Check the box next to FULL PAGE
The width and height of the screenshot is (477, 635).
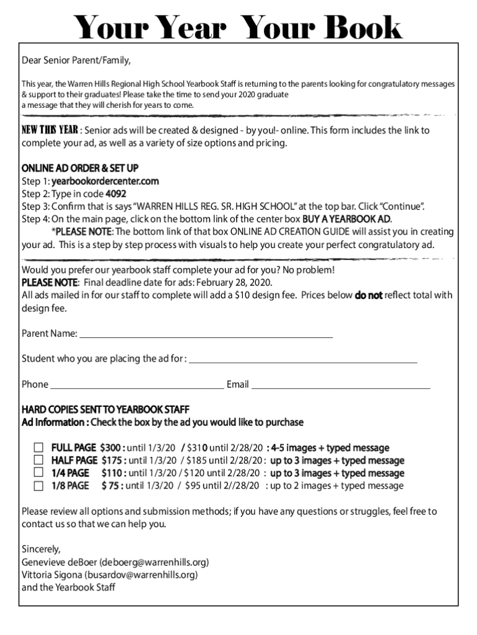(x=39, y=448)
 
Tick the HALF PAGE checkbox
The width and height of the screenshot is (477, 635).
(x=39, y=460)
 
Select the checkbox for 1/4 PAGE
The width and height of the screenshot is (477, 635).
(x=39, y=473)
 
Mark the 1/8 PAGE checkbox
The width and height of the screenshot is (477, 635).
(x=39, y=486)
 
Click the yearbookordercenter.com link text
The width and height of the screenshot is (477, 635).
(x=105, y=181)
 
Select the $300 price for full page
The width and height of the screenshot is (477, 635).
(x=113, y=448)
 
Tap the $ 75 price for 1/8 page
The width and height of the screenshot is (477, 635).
(x=112, y=486)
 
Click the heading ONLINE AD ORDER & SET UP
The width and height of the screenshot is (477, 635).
(x=80, y=169)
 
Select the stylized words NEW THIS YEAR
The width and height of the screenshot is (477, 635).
(x=50, y=130)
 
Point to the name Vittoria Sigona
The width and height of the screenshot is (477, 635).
(x=51, y=575)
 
